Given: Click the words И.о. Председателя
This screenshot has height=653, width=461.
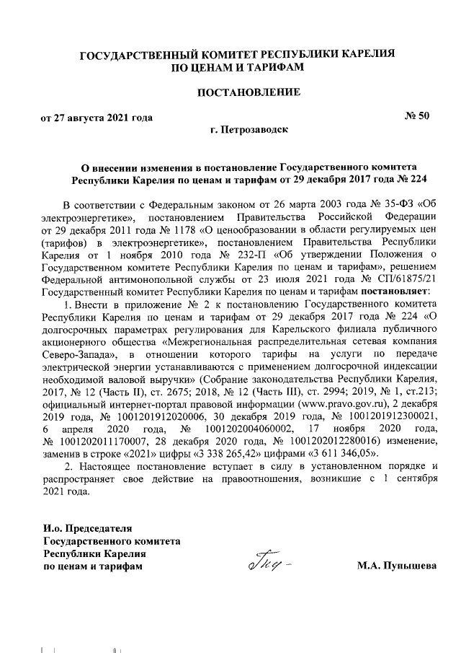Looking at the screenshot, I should pyautogui.click(x=88, y=528).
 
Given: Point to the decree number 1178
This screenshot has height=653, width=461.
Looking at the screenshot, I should pyautogui.click(x=163, y=229).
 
